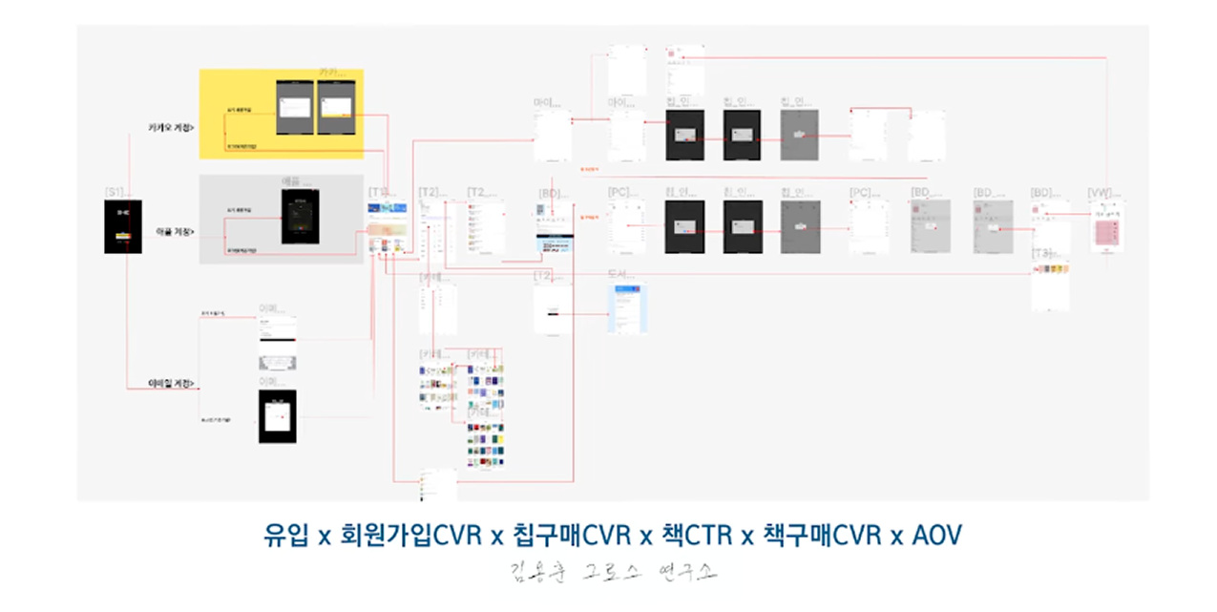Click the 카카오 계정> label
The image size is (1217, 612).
coord(172,127)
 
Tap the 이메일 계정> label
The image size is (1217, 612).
coord(173,384)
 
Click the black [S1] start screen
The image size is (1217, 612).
coord(122,226)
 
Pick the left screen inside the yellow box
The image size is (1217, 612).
coord(295,106)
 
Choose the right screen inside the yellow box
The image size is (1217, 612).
coord(336,106)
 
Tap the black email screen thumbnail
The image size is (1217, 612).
coord(277,416)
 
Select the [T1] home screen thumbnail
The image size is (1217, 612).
coord(390,229)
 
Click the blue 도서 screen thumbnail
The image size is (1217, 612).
coord(628,307)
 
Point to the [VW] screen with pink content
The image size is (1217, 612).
coord(1106,226)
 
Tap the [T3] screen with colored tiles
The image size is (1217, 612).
coord(1050,285)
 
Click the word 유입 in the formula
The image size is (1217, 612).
coord(285,536)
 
